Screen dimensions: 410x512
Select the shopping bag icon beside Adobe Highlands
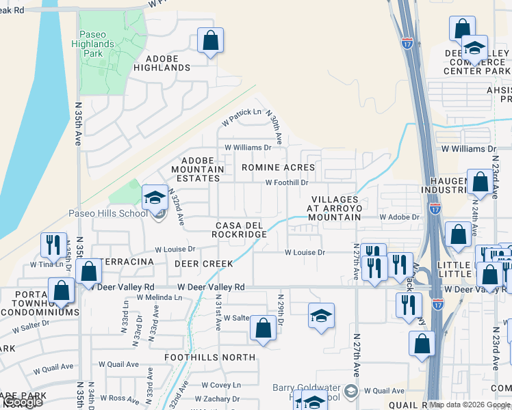[210, 40]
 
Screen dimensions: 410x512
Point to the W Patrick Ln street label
[242, 116]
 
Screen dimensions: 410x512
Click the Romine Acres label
[278, 167]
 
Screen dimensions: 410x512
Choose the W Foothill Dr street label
[287, 182]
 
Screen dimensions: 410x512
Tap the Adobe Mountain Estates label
[198, 169]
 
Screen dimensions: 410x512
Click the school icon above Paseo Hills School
[155, 198]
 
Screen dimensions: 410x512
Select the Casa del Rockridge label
[241, 230]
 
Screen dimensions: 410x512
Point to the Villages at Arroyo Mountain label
[333, 208]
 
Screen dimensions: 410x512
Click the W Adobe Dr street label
[399, 217]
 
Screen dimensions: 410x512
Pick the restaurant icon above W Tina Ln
[53, 245]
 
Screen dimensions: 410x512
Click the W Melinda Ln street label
[159, 297]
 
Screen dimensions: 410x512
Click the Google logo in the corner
[23, 402]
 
